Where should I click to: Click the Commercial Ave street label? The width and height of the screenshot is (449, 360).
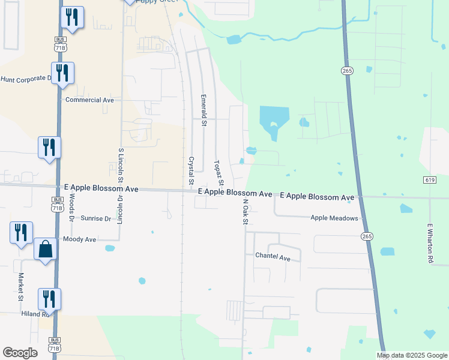[89, 100]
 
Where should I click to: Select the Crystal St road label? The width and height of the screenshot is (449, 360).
[191, 171]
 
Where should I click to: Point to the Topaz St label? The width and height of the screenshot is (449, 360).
[219, 173]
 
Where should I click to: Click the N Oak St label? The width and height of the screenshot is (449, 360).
[246, 213]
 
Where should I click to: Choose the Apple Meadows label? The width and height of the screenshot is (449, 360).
[334, 219]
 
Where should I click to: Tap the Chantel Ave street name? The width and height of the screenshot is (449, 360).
[273, 257]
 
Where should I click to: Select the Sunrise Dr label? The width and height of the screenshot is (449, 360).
[96, 219]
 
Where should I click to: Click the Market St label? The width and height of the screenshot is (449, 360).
[20, 287]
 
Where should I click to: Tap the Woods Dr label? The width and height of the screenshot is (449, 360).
[71, 206]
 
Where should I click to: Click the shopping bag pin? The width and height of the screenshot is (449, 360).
[46, 249]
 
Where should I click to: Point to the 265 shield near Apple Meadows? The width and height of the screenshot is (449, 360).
[367, 236]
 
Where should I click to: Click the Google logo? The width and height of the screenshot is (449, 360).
[20, 353]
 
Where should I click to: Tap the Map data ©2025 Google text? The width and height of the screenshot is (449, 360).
[412, 355]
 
